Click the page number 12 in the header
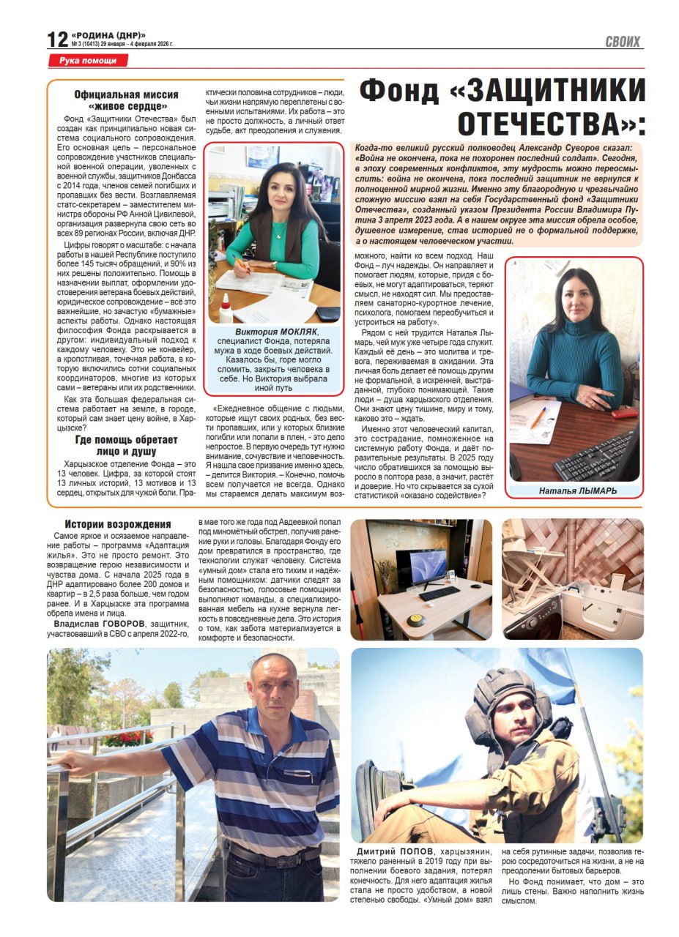tap(57, 39)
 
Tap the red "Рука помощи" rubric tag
tap(88, 61)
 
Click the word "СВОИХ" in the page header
tap(622, 42)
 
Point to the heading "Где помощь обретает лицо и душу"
tap(126, 445)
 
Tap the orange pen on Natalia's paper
tap(538, 418)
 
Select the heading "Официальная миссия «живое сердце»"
tap(126, 100)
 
